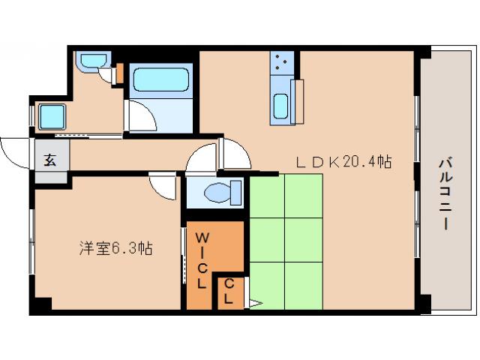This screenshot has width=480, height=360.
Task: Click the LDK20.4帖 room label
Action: (x=344, y=161)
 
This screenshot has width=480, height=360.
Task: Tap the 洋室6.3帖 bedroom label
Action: (x=116, y=247)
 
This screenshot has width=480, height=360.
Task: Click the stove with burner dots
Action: (x=282, y=63)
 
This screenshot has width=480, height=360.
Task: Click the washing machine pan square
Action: (x=52, y=117)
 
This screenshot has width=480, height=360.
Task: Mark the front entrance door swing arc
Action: (x=13, y=153)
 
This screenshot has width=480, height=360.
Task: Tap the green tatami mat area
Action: (x=285, y=240)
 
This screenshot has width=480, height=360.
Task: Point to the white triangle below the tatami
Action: (x=254, y=303)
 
